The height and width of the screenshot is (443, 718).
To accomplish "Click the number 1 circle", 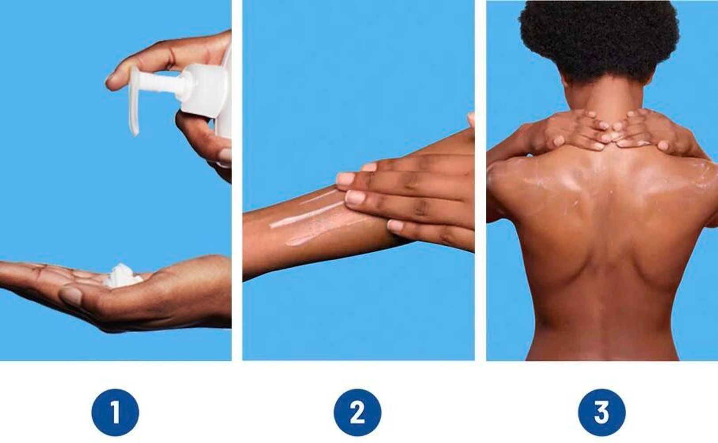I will (115, 412).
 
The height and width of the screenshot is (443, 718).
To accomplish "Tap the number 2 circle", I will (357, 412).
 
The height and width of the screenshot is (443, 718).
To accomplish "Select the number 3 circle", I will (601, 412).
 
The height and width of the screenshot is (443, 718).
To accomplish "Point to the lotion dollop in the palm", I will (121, 276).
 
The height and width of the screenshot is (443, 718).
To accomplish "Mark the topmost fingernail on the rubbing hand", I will (369, 167).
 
